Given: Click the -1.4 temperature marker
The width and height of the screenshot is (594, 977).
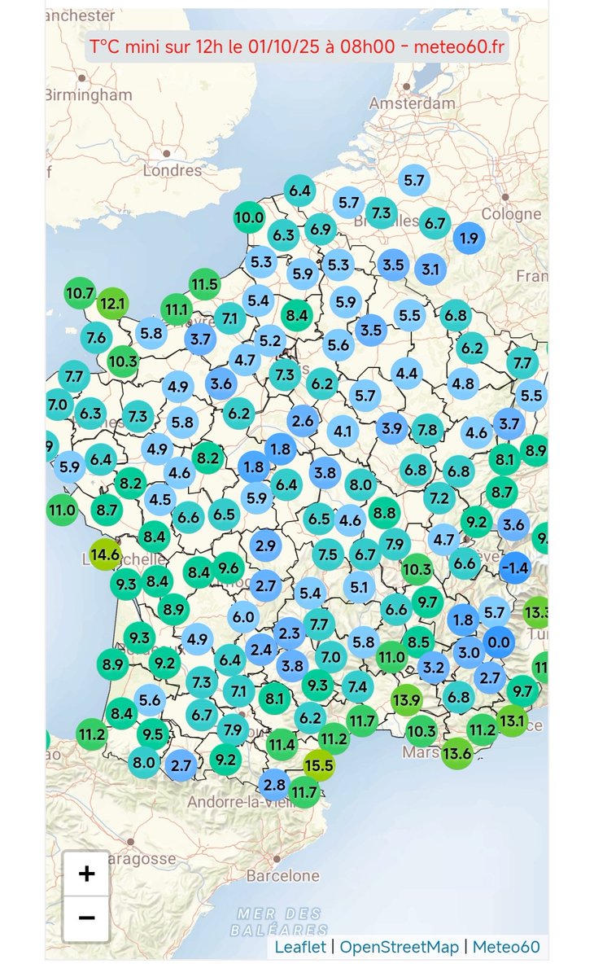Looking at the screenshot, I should (x=515, y=567).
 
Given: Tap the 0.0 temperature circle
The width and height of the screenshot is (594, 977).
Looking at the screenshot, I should (x=498, y=642).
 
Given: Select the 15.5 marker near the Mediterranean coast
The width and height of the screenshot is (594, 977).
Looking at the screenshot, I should (x=319, y=765).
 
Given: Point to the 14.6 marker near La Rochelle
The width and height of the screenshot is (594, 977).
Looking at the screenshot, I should (x=105, y=555).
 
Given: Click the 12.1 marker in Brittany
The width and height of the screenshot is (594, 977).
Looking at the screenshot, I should (x=111, y=304).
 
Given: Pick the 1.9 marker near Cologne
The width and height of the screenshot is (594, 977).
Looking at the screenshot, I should (x=469, y=239).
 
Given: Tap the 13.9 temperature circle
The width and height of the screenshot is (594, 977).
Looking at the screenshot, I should (x=406, y=699).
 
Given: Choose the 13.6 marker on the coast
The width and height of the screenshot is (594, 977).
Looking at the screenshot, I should (x=457, y=753).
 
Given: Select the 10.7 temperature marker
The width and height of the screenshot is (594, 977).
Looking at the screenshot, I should (x=80, y=292).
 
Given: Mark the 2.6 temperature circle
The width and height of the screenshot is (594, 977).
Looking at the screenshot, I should (x=303, y=421).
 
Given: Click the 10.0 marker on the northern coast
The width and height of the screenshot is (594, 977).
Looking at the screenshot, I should (x=249, y=217).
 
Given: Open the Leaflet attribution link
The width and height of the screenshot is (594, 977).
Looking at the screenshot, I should (x=300, y=947).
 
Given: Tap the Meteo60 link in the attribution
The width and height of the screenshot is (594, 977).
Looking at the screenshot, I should (x=506, y=947).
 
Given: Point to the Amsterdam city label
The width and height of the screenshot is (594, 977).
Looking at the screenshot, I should (x=412, y=103).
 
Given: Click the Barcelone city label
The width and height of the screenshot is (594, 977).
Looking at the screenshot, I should (x=282, y=876).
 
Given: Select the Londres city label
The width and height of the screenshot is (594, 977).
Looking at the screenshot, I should (x=172, y=170).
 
